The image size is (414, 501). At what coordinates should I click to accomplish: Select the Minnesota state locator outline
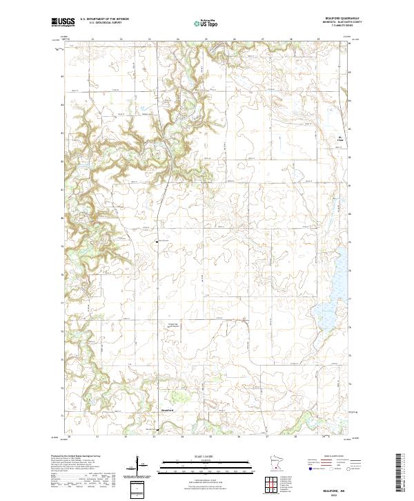[275, 463]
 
